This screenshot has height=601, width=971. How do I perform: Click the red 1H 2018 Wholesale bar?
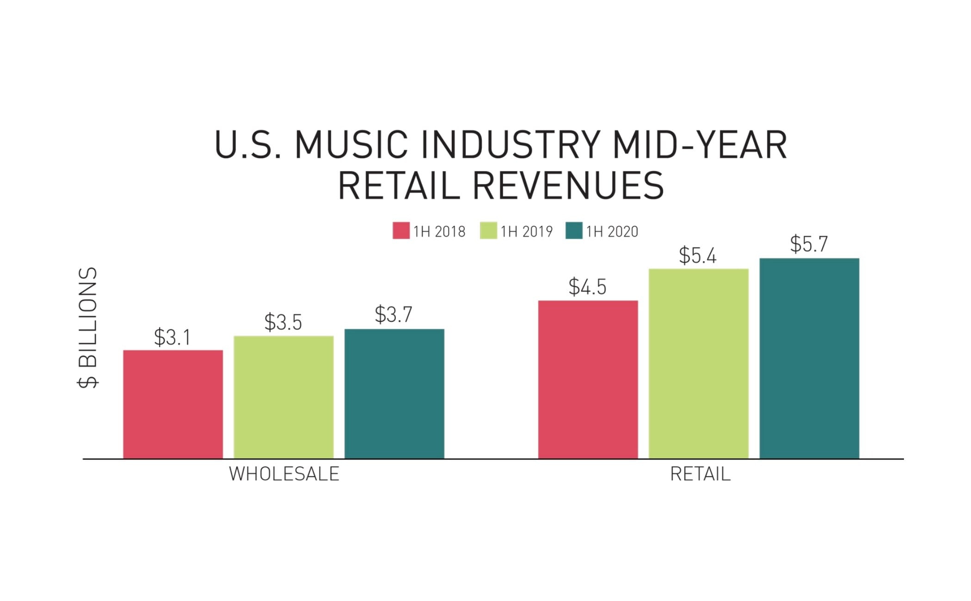173,404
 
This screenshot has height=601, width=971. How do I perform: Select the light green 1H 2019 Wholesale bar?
283,397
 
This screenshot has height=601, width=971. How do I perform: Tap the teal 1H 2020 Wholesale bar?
394,393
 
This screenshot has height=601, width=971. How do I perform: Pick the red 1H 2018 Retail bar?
588,379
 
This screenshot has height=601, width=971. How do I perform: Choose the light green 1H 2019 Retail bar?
698,363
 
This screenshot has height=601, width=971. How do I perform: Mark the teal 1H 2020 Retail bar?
809,358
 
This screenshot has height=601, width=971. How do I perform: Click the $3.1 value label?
172,337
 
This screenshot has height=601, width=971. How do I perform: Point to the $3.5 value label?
283,322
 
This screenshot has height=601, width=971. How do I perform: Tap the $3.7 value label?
393,314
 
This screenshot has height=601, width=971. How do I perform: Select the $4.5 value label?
587,287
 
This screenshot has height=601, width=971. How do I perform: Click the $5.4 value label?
697,255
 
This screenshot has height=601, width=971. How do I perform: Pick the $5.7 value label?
809,244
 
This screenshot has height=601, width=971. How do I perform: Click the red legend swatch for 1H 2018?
401,231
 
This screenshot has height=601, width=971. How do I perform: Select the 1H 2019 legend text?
527,231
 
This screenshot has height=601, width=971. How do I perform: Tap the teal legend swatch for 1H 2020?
574,231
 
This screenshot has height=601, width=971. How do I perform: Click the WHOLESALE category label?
284,474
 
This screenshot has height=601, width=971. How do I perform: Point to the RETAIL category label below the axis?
700,474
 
